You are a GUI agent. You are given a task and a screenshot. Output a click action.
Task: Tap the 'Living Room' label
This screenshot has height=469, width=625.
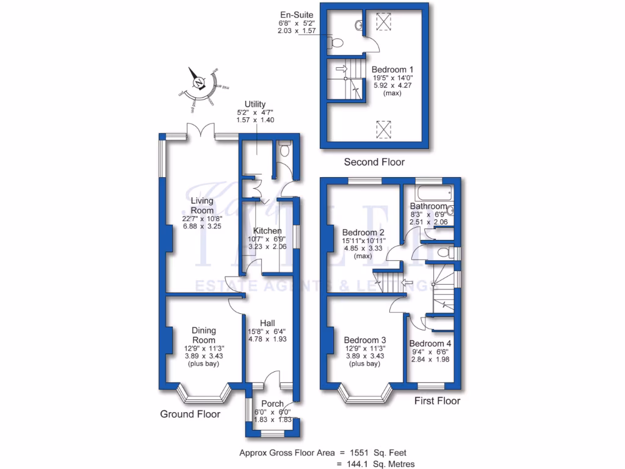coord(202,205)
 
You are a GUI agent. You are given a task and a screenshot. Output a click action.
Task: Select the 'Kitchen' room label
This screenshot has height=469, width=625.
coord(268,231)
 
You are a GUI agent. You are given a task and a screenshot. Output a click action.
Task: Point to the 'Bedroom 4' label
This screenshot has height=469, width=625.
coord(431,343)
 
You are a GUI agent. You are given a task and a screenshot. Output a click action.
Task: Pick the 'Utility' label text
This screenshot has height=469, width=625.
coord(255,104)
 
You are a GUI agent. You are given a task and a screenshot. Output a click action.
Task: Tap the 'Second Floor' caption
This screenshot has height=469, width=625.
coord(374,162)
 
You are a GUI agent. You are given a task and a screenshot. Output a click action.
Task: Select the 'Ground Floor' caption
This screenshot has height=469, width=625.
coord(190,414)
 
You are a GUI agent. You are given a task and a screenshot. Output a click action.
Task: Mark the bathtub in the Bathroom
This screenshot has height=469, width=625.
coord(433,195)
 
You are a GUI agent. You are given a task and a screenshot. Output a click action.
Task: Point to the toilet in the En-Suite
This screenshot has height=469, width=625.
coord(334,42)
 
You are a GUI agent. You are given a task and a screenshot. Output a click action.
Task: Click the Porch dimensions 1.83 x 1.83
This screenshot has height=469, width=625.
coord(272,420)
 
